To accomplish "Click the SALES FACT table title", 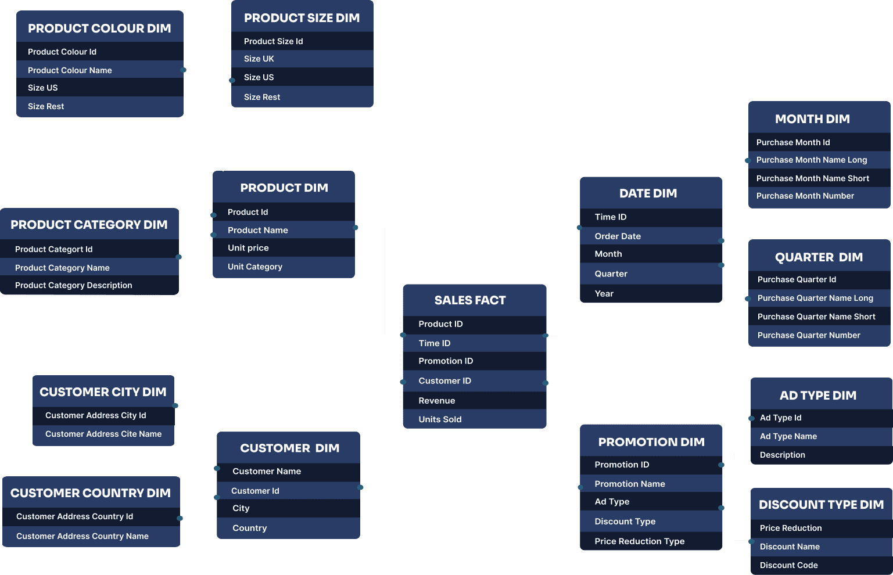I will [469, 300].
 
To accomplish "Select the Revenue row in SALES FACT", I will [437, 401].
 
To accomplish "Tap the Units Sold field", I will [440, 419].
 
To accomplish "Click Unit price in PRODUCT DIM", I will [248, 248].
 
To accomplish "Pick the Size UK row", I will [259, 59].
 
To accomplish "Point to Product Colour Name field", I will [70, 70].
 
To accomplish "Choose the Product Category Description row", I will [73, 285].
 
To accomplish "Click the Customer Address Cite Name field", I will [103, 434].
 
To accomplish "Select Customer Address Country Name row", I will [83, 536].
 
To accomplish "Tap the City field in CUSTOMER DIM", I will [241, 508].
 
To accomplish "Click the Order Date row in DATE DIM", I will [618, 236].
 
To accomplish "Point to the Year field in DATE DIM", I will [604, 294].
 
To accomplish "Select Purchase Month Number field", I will [805, 196].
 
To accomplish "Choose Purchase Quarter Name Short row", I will [816, 317].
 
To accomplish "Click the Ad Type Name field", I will [788, 436].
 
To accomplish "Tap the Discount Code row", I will [788, 565].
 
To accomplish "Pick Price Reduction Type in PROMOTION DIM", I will [640, 541].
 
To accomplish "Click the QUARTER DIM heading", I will [819, 257].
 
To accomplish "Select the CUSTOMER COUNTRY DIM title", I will [91, 493].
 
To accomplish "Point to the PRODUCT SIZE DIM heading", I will [302, 18].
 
